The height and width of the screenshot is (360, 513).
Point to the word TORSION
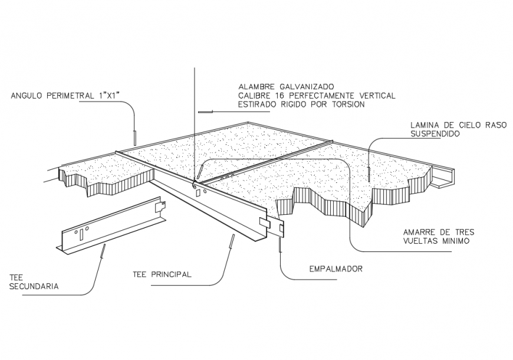pos(348,104)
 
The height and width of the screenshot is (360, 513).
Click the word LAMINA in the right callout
pos(426,125)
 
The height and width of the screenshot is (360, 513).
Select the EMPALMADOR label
pos(336,269)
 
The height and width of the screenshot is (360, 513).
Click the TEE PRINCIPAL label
pos(162,274)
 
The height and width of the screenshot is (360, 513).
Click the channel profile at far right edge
pos(443,176)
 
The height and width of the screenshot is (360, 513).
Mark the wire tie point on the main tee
pos(195,180)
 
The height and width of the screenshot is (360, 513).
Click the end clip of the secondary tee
pos(160,207)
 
